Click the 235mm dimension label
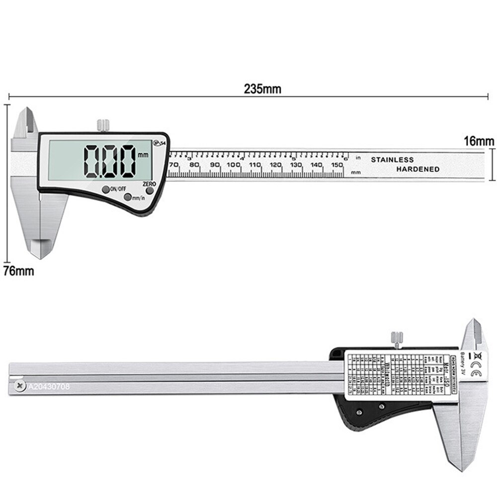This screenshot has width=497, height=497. click(x=262, y=89)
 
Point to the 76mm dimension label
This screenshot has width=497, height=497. click(x=18, y=271)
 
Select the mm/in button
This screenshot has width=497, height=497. click(x=128, y=197)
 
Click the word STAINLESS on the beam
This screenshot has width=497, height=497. click(x=392, y=160)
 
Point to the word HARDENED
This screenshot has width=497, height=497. click(x=417, y=169)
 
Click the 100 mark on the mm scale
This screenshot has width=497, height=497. click(x=233, y=165)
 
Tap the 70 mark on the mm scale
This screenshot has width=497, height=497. click(x=173, y=165)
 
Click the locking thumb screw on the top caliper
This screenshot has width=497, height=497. click(x=103, y=124)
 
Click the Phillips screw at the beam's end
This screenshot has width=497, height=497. click(x=19, y=385)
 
